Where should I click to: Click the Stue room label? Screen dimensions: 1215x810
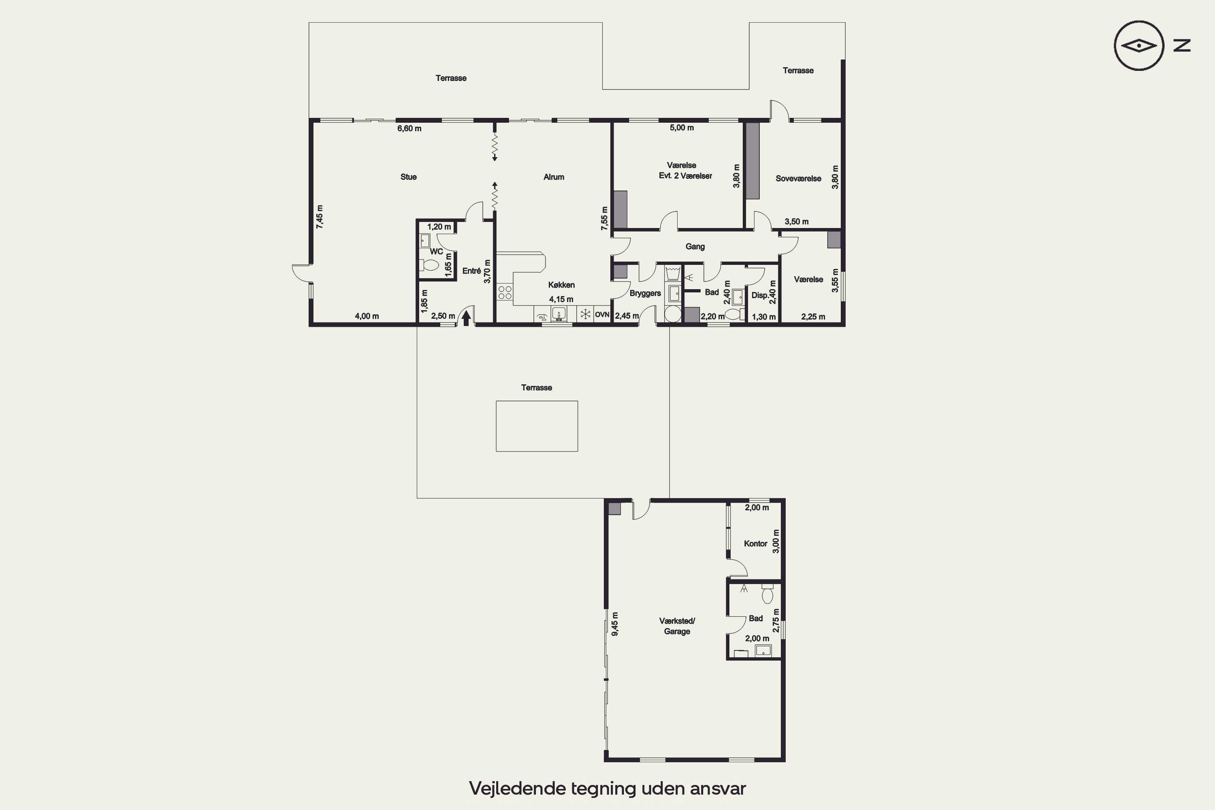click(408, 177)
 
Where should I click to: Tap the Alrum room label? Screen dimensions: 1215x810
click(554, 177)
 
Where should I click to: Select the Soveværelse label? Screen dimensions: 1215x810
click(798, 179)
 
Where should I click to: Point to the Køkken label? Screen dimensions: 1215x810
click(561, 285)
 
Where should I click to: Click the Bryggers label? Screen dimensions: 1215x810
click(645, 293)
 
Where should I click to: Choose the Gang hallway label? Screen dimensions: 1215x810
click(695, 246)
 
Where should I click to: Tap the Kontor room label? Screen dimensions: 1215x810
click(755, 544)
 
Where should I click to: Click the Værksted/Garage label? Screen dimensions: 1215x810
click(677, 626)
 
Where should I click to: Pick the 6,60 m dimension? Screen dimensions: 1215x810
click(409, 128)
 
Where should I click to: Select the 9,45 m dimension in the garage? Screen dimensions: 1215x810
click(615, 624)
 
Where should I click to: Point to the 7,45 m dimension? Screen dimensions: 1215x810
click(320, 217)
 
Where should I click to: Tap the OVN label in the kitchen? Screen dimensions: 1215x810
click(602, 315)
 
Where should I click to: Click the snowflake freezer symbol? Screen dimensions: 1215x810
click(585, 314)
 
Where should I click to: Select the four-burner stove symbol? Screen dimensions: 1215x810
click(505, 292)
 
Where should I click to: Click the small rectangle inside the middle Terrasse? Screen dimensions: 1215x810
click(537, 426)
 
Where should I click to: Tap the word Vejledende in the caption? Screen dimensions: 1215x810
click(517, 788)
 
